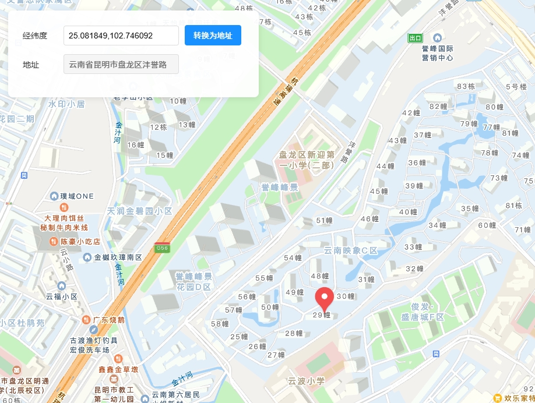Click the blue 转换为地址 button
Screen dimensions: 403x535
213,36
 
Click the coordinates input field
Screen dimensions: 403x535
121,36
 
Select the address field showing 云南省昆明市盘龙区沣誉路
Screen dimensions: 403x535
121,65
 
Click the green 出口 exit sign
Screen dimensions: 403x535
415,38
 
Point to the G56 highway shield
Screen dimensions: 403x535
162,248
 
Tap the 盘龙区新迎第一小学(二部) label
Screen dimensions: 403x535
306,160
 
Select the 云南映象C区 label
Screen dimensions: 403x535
351,251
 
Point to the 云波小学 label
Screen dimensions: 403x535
306,381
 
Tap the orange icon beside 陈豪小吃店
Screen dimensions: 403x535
65,241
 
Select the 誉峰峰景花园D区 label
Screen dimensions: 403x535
195,281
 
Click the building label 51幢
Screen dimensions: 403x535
324,221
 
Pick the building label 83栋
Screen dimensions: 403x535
466,86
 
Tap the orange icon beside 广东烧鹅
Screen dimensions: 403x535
86,320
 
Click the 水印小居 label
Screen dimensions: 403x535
66,104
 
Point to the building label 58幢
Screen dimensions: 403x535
220,324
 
